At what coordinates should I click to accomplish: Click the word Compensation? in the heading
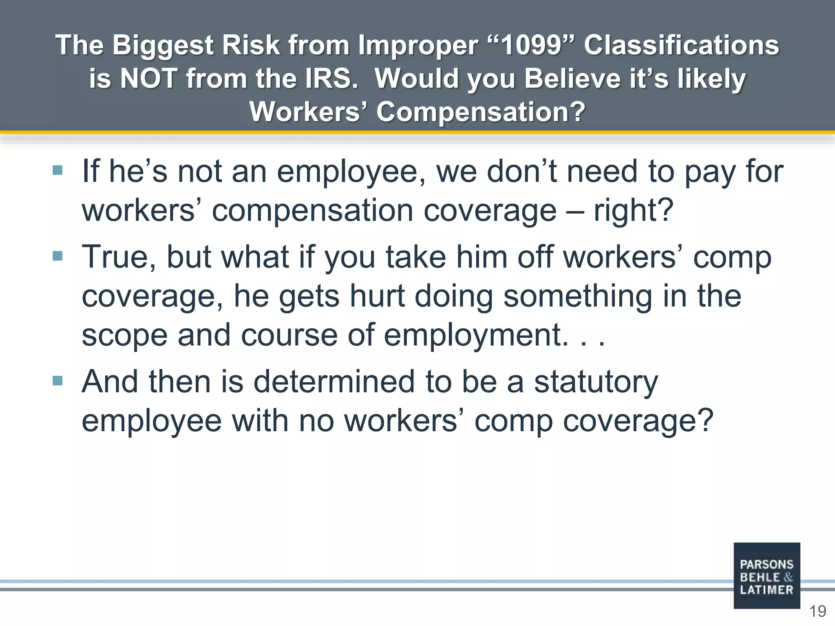(481, 112)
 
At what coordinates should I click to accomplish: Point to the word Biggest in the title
(162, 45)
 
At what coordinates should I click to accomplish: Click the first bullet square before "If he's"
(57, 170)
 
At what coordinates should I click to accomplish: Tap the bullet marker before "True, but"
(57, 256)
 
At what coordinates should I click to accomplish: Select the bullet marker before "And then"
(57, 381)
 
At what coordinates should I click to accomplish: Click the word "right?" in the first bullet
(633, 211)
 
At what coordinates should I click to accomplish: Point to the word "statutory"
(596, 382)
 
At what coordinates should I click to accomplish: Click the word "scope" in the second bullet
(124, 335)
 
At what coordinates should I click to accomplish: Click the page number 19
(817, 611)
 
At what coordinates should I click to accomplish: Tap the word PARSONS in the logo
(767, 564)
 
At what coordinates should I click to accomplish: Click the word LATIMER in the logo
(767, 590)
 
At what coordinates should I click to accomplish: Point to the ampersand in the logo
(788, 577)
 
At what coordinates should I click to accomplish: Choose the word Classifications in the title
(681, 45)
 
